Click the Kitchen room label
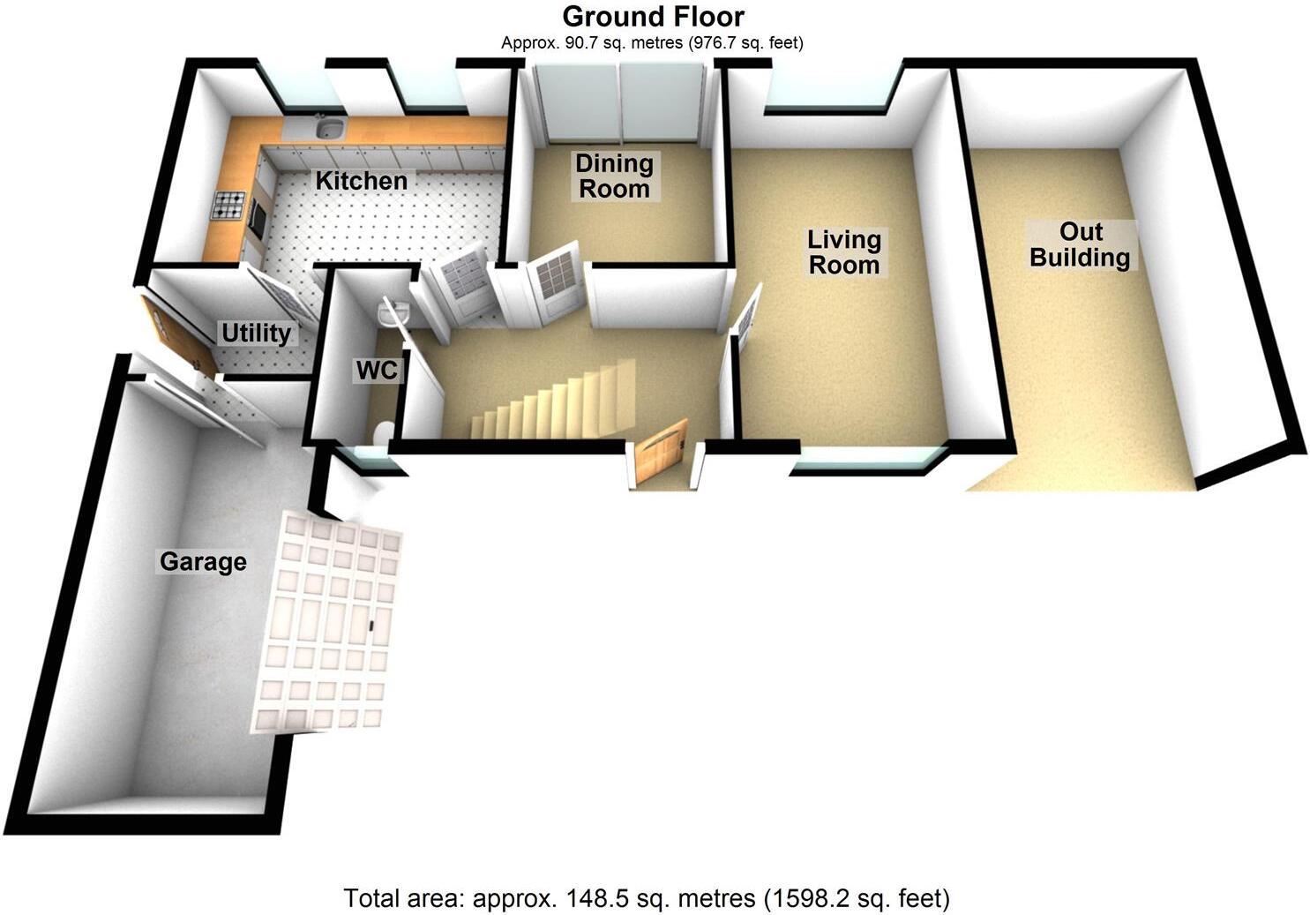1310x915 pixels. click(x=361, y=181)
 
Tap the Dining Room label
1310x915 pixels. click(x=614, y=176)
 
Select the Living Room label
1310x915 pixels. click(x=844, y=252)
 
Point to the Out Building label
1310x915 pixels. click(x=1081, y=245)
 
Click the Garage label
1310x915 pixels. click(x=203, y=562)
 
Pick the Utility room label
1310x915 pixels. click(x=256, y=334)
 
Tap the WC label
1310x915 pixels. click(x=377, y=371)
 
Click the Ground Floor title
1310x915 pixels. click(x=653, y=16)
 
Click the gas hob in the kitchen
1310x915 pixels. click(x=228, y=206)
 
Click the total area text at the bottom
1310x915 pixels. click(x=646, y=898)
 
